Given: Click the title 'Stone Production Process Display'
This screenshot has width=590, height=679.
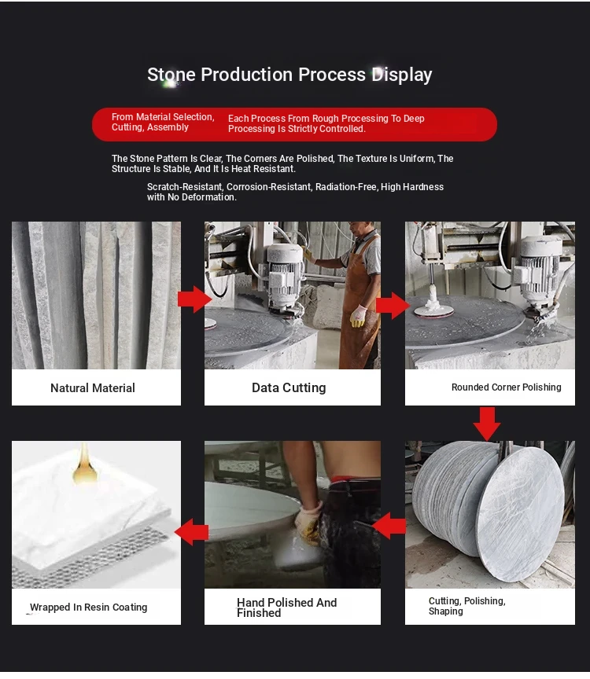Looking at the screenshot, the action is pos(289,75).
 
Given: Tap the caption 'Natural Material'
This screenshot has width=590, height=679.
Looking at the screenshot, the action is pos(93,388).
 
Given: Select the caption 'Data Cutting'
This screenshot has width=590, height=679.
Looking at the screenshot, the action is pos(289,387).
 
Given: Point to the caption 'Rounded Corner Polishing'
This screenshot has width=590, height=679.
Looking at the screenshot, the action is pos(507,387).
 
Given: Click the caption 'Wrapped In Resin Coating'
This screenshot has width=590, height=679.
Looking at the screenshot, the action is pos(88,607).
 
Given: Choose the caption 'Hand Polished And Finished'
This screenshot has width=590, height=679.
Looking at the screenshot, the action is pos(286,607).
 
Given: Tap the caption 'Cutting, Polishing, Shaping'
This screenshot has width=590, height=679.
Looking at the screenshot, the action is pos(466,606).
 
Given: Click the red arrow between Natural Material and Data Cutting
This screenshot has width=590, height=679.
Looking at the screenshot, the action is pos(194,299).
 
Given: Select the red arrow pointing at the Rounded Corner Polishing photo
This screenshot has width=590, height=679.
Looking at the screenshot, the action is pos(393,305).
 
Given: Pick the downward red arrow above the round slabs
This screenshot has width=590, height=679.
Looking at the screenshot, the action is pos(487,424).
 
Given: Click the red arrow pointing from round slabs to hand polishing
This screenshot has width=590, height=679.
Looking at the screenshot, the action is pos(389,526).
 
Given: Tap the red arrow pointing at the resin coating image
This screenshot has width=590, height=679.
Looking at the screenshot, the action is pos(192,532).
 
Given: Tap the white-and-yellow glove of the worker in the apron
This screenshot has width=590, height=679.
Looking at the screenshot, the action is pos(358,316).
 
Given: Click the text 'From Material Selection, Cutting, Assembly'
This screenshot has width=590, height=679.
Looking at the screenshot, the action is pos(163,122).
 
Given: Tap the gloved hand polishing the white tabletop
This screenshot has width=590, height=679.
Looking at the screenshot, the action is pos(308,522).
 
